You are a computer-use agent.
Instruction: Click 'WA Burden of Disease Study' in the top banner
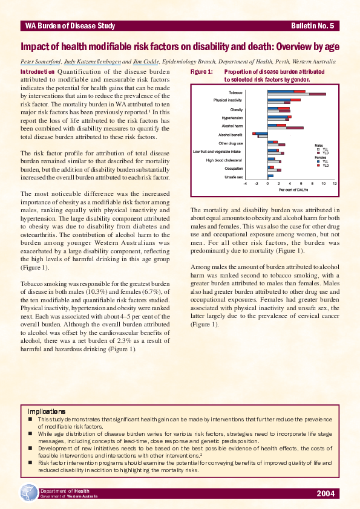pos(70,26)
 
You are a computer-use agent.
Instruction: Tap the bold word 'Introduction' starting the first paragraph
pos(38,72)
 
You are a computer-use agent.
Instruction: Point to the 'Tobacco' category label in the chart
pos(235,92)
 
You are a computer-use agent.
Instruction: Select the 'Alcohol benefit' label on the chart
pos(230,134)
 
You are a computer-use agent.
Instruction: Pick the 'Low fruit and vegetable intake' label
pos(217,151)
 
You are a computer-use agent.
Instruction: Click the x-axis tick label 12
pos(335,183)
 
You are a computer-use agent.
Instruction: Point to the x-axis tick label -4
pos(245,183)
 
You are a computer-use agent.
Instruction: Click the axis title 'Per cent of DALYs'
pos(293,190)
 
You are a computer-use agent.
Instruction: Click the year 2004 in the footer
pos(326,494)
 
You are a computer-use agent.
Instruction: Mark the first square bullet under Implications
pos(30,419)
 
